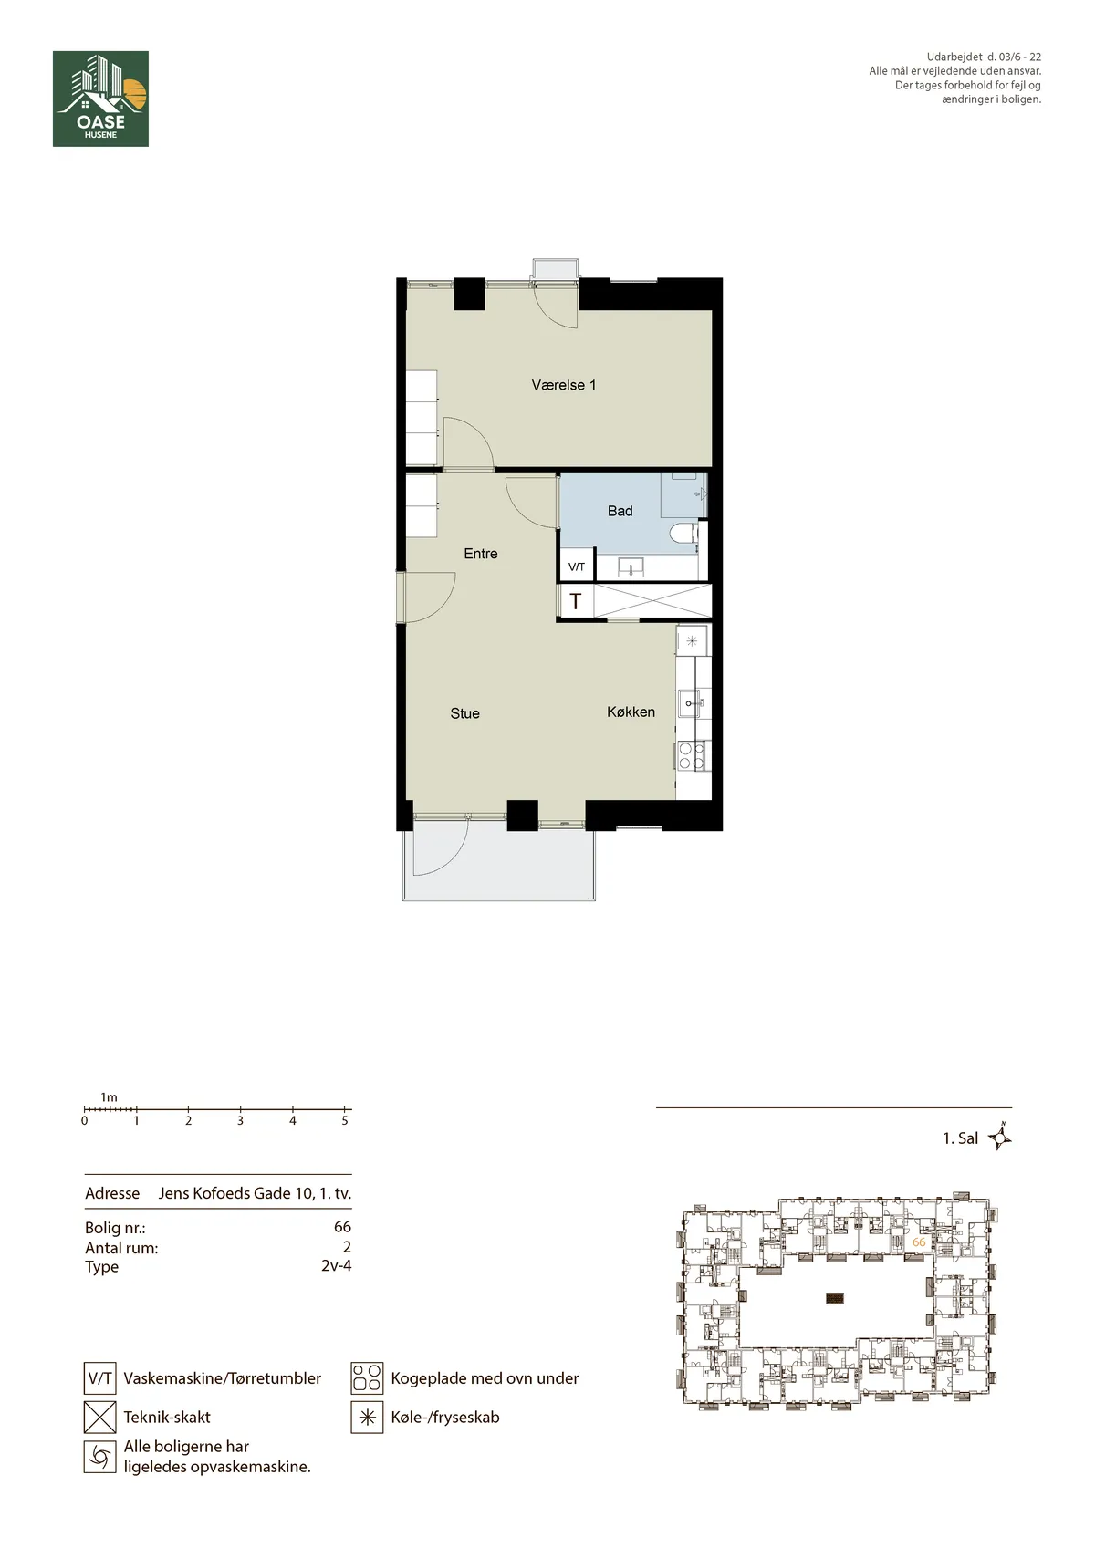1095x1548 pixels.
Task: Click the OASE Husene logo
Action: pyautogui.click(x=101, y=99)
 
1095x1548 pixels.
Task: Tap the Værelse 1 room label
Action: pyautogui.click(x=563, y=385)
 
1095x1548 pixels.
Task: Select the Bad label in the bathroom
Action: pyautogui.click(x=620, y=511)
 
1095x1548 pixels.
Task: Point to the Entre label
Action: pyautogui.click(x=481, y=554)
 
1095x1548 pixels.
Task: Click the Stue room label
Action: pyautogui.click(x=464, y=713)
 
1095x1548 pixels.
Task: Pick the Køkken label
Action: pyautogui.click(x=631, y=712)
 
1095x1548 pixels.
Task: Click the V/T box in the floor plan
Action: pyautogui.click(x=577, y=566)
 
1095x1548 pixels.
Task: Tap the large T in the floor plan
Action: pyautogui.click(x=575, y=601)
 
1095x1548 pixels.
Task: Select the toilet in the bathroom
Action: pyautogui.click(x=686, y=536)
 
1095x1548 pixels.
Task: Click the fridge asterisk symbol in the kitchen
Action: pyautogui.click(x=692, y=640)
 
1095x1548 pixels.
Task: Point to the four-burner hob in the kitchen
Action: pyautogui.click(x=692, y=756)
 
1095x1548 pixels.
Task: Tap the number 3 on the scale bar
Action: pyautogui.click(x=240, y=1121)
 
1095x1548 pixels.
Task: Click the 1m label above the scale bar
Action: pyautogui.click(x=109, y=1097)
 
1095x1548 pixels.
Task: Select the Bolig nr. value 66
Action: pyautogui.click(x=342, y=1227)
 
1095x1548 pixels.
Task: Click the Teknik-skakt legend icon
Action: pyautogui.click(x=99, y=1418)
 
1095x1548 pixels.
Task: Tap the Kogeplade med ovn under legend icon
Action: pyautogui.click(x=367, y=1378)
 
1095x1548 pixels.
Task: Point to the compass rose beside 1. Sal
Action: pyautogui.click(x=999, y=1138)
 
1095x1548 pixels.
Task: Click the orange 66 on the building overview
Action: pyautogui.click(x=919, y=1242)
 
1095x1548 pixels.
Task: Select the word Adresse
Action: pyautogui.click(x=112, y=1193)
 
